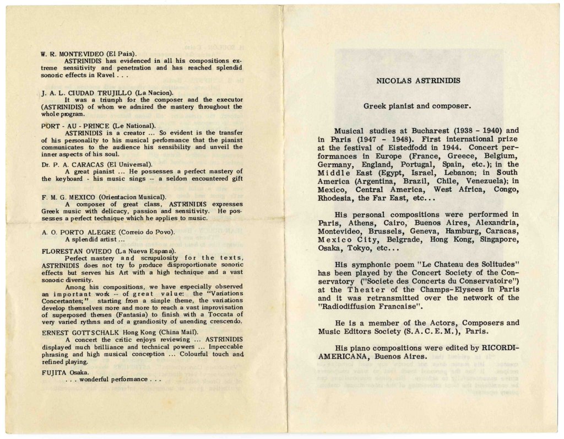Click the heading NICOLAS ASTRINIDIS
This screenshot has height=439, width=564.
tap(418, 81)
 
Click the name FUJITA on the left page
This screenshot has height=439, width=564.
tap(54, 372)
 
